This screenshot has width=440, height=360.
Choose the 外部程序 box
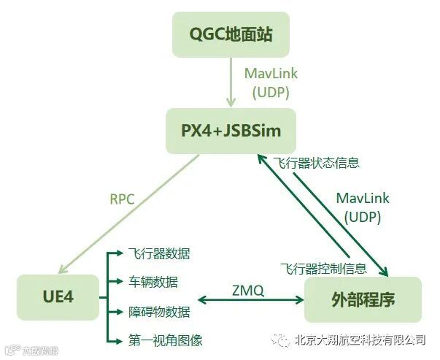tap(363, 299)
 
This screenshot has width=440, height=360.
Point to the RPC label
tap(122, 198)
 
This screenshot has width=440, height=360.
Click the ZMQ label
tap(250, 290)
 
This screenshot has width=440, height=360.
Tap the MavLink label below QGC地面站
tap(271, 74)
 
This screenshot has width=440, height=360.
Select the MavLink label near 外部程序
tap(363, 198)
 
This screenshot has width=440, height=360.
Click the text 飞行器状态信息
tap(316, 162)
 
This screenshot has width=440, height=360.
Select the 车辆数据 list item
tap(152, 282)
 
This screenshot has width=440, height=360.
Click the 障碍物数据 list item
tap(158, 311)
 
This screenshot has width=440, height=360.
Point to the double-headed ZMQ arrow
tap(250, 299)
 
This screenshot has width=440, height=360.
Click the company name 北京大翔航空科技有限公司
tap(360, 340)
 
